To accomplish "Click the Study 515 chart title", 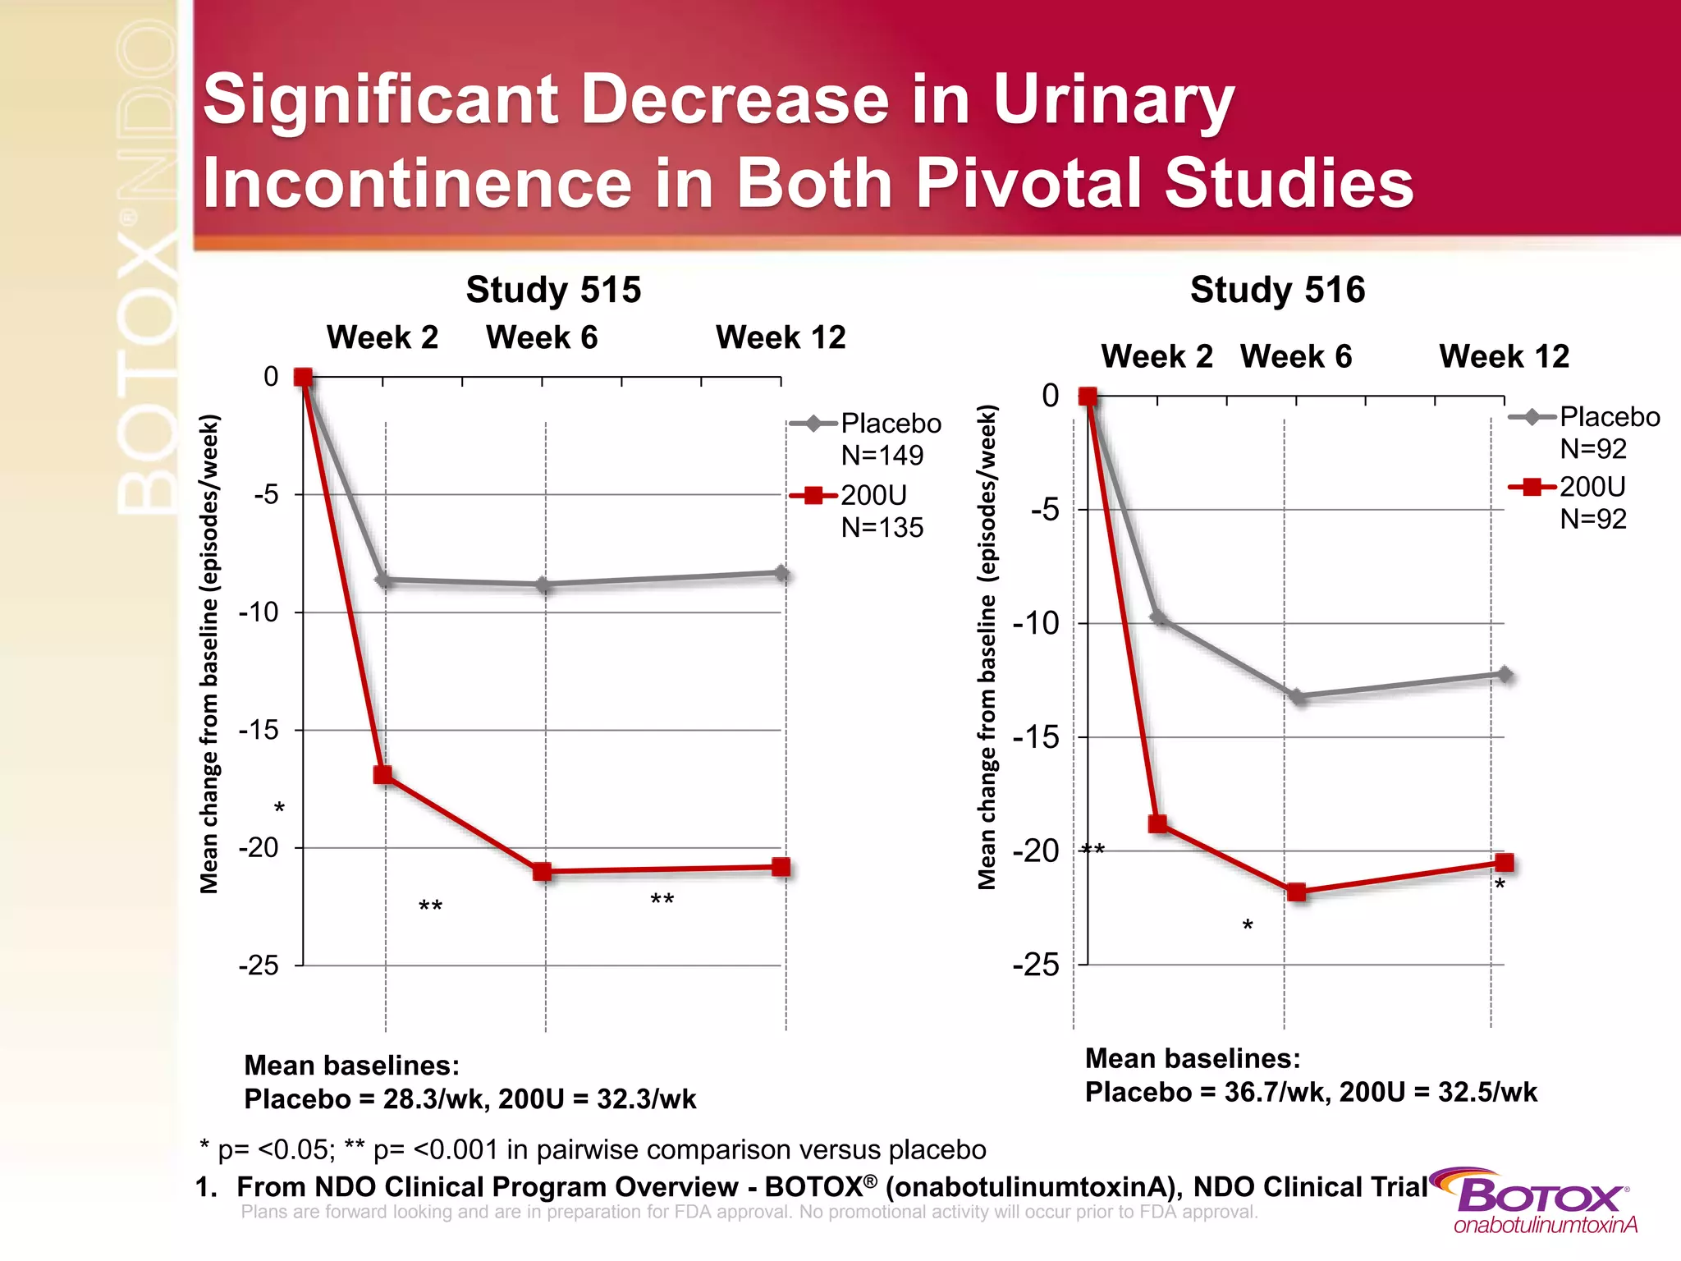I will click(x=553, y=290).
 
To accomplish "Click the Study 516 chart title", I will click(x=1277, y=290).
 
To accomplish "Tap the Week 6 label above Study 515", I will click(x=542, y=337).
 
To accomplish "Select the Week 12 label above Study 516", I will click(x=1504, y=356).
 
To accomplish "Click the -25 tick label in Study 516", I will click(x=1036, y=965).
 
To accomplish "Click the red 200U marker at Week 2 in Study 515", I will click(x=383, y=775).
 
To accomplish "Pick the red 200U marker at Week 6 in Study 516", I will click(x=1296, y=892).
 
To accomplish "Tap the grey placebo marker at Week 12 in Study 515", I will click(x=781, y=574).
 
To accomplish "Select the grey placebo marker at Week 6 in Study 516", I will click(x=1297, y=697).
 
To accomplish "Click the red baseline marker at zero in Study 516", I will click(x=1088, y=397).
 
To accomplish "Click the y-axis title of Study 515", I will click(x=210, y=653).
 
